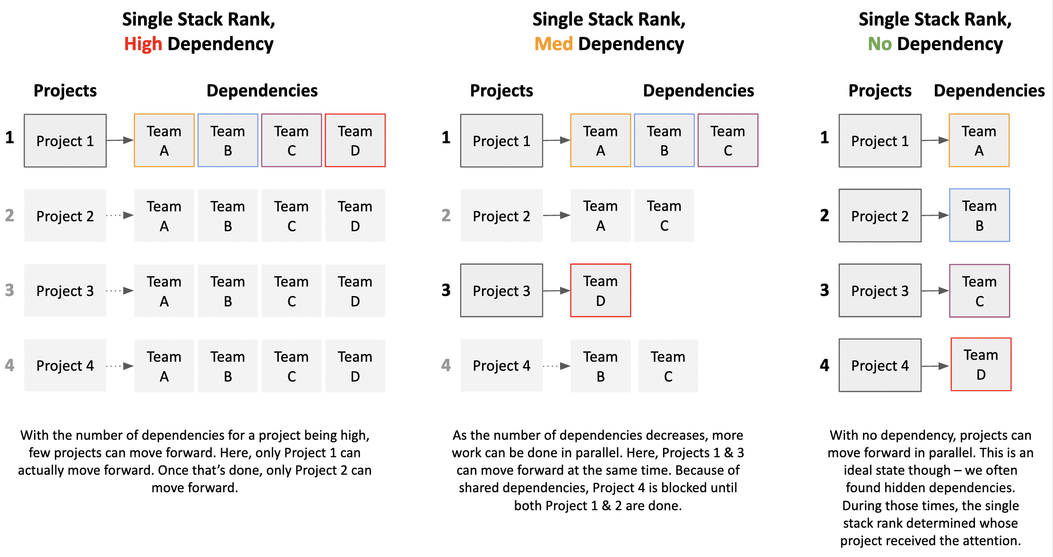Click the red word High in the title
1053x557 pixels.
(143, 44)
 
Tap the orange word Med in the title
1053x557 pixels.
(553, 44)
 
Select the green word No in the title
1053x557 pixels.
(880, 44)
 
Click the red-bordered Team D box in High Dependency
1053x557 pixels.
(355, 140)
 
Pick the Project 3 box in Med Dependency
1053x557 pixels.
(501, 290)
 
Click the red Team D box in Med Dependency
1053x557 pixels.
(601, 290)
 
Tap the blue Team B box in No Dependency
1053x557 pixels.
(980, 215)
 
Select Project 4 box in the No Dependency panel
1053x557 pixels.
(880, 365)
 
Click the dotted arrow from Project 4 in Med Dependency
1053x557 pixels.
(557, 366)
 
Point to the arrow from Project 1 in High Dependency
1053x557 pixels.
(120, 140)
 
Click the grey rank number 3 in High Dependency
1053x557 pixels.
(9, 290)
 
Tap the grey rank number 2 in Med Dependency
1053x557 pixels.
(446, 215)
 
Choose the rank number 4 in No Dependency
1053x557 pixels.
(825, 365)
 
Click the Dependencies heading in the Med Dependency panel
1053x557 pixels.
(699, 90)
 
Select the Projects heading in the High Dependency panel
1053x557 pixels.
(65, 90)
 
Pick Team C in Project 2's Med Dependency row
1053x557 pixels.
(665, 215)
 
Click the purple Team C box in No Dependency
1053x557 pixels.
(980, 290)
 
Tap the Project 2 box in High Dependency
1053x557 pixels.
(65, 216)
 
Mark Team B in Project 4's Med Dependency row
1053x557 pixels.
(601, 366)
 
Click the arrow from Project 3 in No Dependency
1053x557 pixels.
(935, 290)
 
